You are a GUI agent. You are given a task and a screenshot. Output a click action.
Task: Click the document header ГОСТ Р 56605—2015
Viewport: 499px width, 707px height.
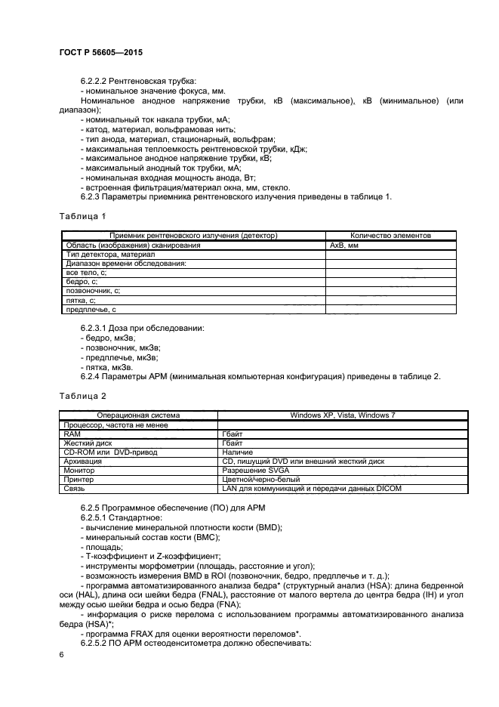point(100,54)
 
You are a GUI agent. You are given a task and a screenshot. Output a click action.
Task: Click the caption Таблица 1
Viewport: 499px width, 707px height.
point(82,217)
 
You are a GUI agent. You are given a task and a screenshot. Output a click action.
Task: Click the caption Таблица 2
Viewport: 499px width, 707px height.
point(82,395)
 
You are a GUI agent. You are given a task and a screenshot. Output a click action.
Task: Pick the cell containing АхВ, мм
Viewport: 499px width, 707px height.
point(343,245)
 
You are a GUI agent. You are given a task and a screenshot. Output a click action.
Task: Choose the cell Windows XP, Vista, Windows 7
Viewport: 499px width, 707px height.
point(343,415)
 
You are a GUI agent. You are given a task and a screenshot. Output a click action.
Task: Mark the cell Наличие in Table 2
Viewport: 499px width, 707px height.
point(238,452)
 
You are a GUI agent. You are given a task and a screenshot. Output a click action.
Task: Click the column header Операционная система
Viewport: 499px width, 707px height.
point(138,415)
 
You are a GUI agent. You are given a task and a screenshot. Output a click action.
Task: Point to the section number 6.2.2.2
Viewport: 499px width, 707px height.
point(94,81)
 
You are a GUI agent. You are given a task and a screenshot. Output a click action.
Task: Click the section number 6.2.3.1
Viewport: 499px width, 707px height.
point(94,329)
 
